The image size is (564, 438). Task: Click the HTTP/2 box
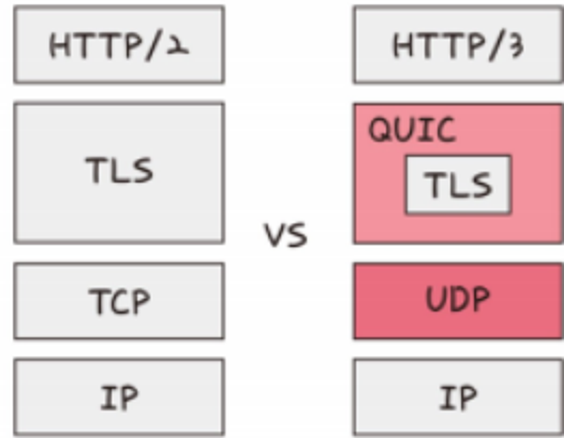(x=119, y=45)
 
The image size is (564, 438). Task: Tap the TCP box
(x=119, y=301)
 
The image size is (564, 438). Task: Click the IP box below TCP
(x=119, y=397)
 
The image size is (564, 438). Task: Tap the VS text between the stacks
(x=285, y=235)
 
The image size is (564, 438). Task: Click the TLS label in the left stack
(x=119, y=170)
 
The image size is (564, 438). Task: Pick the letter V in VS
(x=274, y=235)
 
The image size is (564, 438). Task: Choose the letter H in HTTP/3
(x=402, y=45)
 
